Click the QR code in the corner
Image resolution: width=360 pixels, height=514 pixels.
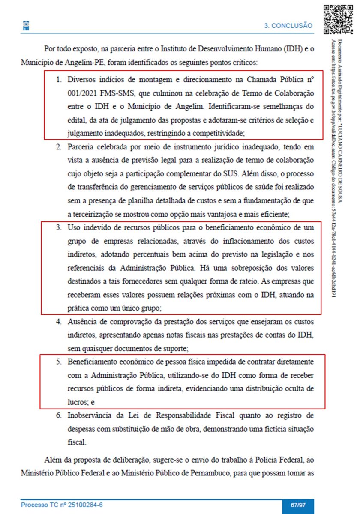[x=336, y=19]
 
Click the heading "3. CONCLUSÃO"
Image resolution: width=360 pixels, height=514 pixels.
[x=288, y=26]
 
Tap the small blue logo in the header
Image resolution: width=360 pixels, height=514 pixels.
[x=26, y=26]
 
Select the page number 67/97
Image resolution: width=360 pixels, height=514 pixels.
[x=298, y=505]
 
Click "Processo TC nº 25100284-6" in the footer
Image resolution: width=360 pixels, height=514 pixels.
[x=62, y=505]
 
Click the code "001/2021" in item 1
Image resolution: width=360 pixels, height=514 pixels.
[x=81, y=93]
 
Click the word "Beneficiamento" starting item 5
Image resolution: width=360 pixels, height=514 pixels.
[x=93, y=362]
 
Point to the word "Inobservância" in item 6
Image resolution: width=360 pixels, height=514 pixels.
[x=90, y=415]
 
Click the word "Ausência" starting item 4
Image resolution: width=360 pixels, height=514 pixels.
[x=82, y=321]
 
